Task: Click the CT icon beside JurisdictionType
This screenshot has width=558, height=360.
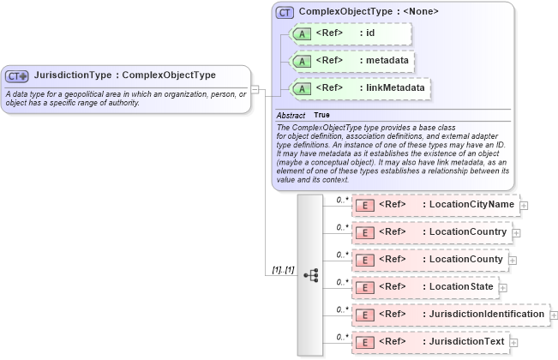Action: tap(18, 75)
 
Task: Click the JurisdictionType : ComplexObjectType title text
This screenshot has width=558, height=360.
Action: tap(124, 75)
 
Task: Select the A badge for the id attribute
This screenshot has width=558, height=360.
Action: tap(302, 33)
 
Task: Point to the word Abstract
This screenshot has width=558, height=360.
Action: tap(290, 115)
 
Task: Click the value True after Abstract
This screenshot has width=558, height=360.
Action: tap(321, 115)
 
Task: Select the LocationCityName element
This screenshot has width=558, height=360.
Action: tap(435, 205)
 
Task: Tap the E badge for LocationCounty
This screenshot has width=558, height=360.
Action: tap(364, 260)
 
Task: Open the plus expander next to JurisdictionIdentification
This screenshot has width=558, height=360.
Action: tap(554, 315)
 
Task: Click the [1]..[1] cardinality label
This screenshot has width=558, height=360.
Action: tap(283, 270)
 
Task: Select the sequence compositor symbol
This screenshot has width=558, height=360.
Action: tap(310, 275)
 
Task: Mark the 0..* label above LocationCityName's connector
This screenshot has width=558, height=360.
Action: tap(342, 200)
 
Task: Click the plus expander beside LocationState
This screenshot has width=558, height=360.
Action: tap(503, 288)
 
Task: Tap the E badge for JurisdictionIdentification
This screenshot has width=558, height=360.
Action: tap(364, 315)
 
